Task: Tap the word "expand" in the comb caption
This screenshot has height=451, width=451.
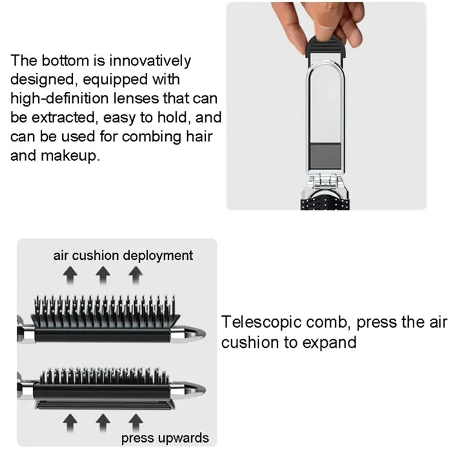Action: tap(328, 342)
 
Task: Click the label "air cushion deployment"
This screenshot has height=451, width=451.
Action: tap(123, 255)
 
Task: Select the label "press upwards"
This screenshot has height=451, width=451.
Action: tap(165, 437)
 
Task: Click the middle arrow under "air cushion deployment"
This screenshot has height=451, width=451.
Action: tap(102, 275)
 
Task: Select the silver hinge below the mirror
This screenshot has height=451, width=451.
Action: tap(326, 183)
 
